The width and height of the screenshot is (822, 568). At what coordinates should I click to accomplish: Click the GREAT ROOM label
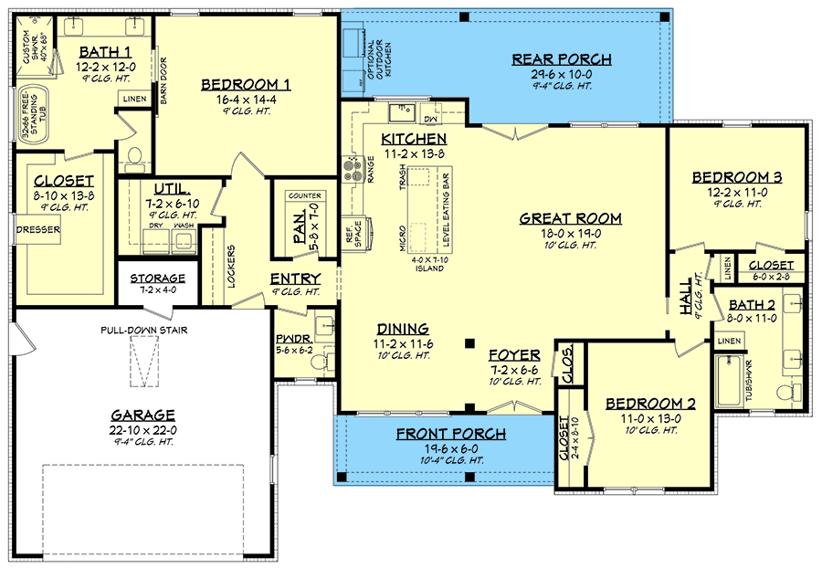tap(570, 218)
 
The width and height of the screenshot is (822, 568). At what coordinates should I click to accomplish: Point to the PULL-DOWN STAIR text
tap(144, 330)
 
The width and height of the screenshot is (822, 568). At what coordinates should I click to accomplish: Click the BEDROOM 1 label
tap(245, 85)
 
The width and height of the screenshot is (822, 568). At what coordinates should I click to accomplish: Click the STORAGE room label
tap(157, 279)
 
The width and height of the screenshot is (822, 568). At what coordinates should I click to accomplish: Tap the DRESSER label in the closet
tap(37, 230)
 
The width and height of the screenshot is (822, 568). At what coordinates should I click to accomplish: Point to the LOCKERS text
tap(231, 266)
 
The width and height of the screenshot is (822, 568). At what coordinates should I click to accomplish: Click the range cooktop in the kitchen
tap(353, 168)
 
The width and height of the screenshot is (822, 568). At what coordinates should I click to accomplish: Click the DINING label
tap(403, 329)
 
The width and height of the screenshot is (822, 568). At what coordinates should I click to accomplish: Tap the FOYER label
tap(514, 355)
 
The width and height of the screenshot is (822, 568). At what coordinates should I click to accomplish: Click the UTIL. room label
tap(172, 190)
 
